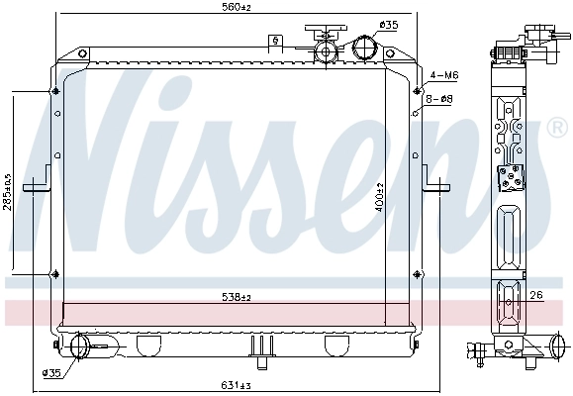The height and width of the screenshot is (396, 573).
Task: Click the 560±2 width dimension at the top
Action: coord(236,8)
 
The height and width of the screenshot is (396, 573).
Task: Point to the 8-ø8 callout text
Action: coord(439,99)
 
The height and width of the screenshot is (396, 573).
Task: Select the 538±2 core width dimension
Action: coord(236,297)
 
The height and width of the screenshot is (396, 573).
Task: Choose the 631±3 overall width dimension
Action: coord(236,385)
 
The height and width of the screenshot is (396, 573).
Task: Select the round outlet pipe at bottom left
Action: coord(79,345)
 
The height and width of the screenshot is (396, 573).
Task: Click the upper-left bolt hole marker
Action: coord(53,94)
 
